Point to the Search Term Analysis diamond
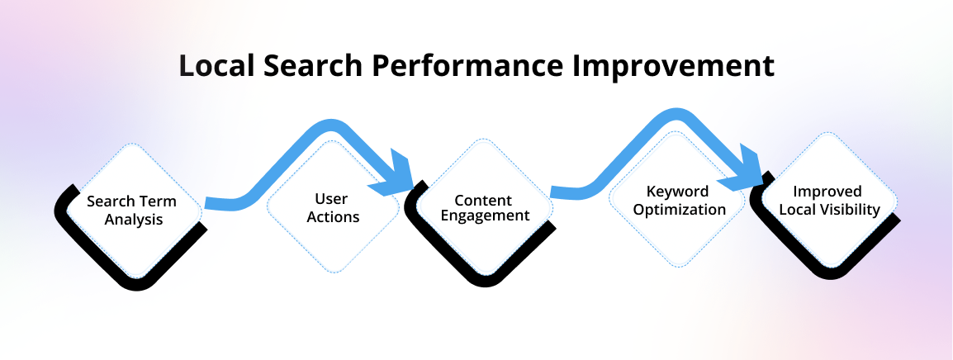[x=132, y=211]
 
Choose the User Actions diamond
[x=337, y=208]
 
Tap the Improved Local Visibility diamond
[x=828, y=201]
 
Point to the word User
[x=337, y=199]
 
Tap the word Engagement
[x=483, y=216]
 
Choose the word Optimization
[x=679, y=209]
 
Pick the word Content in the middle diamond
[x=483, y=201]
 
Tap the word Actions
[x=337, y=217]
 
